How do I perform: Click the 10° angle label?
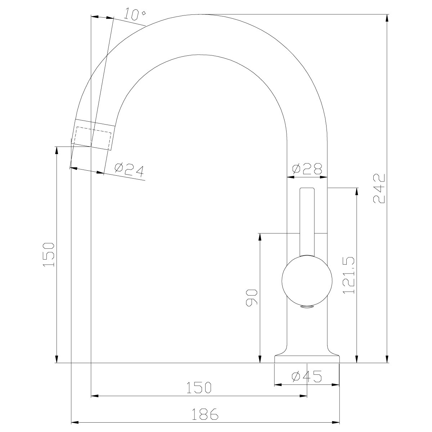(135, 14)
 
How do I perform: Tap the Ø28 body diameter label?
(307, 169)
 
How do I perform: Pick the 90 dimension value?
(252, 298)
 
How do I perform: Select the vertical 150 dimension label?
(49, 255)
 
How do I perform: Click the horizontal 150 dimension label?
(199, 388)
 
